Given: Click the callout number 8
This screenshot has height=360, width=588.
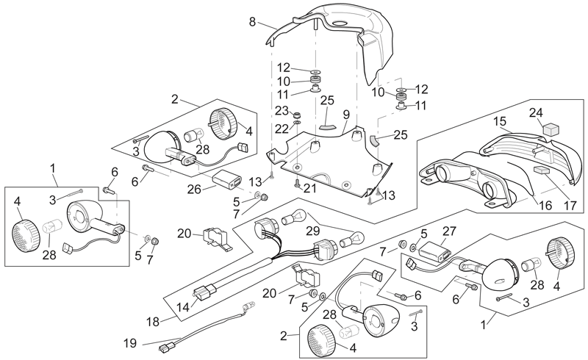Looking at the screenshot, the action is click(x=252, y=22).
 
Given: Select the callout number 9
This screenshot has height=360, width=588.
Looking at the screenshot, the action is click(x=345, y=115).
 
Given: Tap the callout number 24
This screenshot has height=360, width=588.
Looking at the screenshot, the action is click(x=537, y=112).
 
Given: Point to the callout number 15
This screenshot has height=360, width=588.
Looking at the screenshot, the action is click(x=500, y=121).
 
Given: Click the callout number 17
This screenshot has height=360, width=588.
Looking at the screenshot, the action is click(x=570, y=205).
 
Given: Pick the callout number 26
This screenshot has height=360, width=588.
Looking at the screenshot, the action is click(x=194, y=189).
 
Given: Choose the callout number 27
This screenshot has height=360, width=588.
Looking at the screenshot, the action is click(x=450, y=231).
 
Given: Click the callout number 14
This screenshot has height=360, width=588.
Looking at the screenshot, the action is click(x=183, y=307).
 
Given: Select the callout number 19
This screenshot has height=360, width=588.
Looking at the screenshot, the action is click(x=130, y=343).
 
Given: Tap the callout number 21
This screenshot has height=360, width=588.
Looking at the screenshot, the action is click(x=309, y=188).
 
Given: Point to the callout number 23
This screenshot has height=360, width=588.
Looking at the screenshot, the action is click(x=282, y=111).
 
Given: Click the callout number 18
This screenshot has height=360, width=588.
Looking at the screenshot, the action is click(x=153, y=322).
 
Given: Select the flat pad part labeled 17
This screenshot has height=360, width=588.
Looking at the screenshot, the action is click(x=541, y=169).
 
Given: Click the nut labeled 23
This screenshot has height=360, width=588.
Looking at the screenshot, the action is click(x=298, y=114).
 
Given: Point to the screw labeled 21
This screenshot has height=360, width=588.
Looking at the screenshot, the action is click(x=297, y=184).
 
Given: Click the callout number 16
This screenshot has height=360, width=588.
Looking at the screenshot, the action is click(x=546, y=205).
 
